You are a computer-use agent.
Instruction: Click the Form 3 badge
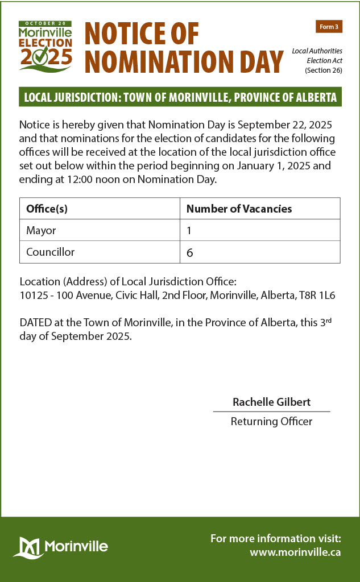(329, 27)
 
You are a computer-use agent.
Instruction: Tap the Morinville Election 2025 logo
(45, 45)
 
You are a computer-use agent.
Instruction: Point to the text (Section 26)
(323, 70)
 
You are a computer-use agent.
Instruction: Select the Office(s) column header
(47, 209)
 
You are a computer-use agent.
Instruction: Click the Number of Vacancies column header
(239, 209)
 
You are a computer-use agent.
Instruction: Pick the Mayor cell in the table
(41, 230)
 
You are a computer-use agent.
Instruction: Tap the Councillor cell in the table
(50, 252)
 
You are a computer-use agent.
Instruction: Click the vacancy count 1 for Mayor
(189, 230)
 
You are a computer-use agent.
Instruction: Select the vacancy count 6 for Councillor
(190, 252)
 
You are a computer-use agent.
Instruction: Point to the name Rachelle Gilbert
(271, 402)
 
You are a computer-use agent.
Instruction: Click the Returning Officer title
(271, 421)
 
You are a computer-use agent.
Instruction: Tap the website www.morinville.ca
(295, 551)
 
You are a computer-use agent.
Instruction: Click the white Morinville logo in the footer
(61, 547)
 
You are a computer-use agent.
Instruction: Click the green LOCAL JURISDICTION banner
(180, 97)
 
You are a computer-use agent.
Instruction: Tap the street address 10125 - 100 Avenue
(61, 296)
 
